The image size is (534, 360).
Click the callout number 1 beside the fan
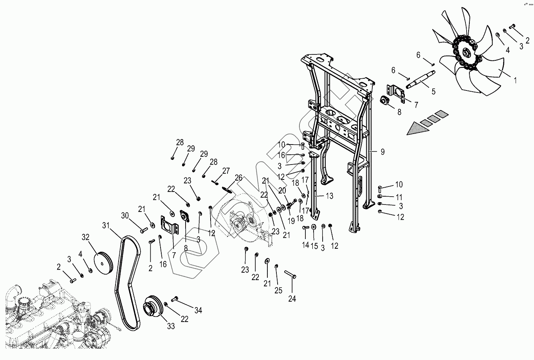515,80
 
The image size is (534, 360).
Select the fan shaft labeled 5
420,79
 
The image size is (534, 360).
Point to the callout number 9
382,152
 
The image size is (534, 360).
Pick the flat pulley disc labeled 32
103,263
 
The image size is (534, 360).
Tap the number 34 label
198,310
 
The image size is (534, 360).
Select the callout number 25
278,290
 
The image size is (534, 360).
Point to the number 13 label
330,196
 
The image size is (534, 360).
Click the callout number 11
399,197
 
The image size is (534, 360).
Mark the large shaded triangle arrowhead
418,128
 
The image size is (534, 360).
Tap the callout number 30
125,215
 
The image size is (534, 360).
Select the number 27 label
226,171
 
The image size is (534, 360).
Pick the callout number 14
305,245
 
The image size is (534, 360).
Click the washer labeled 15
314,227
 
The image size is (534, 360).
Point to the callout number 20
282,191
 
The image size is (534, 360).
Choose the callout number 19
291,221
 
